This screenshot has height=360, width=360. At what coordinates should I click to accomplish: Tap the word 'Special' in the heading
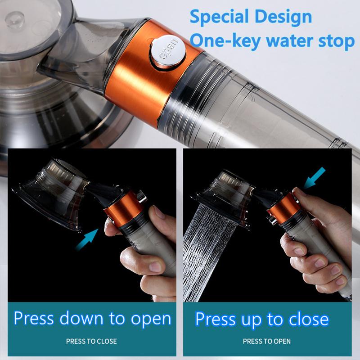(x=218, y=17)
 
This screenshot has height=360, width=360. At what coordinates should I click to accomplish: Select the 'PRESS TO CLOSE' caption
(x=91, y=341)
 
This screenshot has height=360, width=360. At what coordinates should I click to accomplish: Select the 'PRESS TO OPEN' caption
(x=267, y=341)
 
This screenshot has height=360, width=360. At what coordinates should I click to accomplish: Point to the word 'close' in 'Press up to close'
(x=306, y=319)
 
